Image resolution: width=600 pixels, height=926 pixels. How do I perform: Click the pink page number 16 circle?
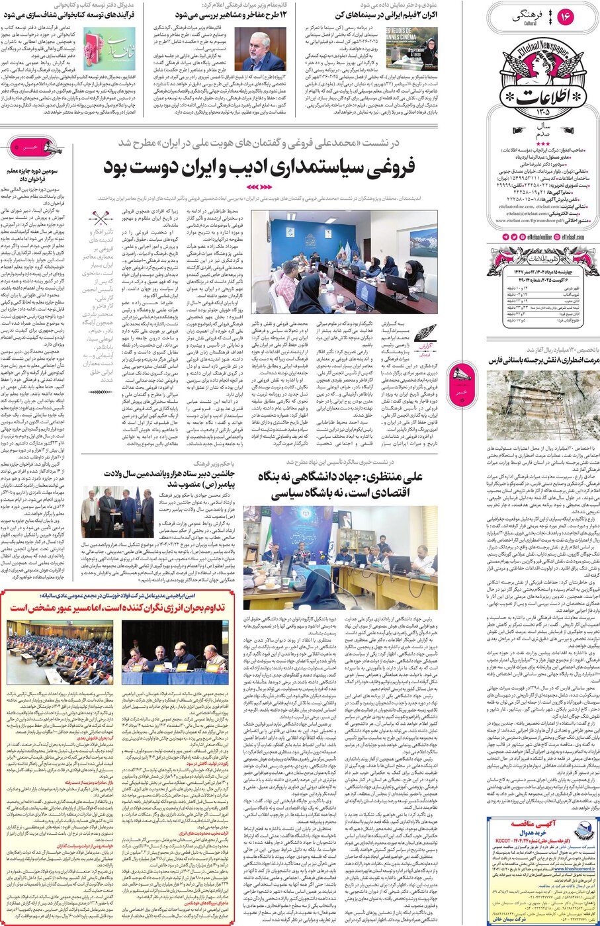pos(566,17)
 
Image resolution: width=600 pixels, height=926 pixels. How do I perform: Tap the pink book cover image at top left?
pos(119,48)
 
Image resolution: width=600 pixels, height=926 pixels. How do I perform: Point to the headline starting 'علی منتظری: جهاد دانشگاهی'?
pos(339,484)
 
